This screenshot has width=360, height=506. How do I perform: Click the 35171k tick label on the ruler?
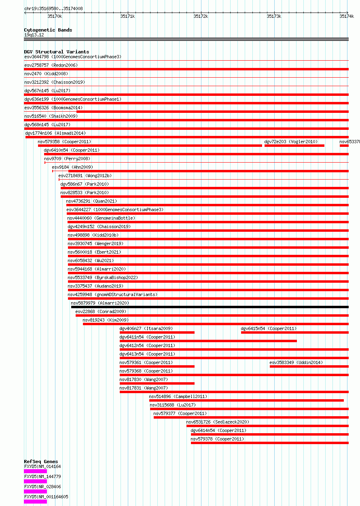pos(127,16)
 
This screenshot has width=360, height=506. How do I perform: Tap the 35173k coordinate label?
pos(274,16)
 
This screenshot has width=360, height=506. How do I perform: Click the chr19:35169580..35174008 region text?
pos(53,8)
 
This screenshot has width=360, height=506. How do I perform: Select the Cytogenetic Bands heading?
pos(48,30)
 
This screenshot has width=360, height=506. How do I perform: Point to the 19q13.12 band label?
pos(34,35)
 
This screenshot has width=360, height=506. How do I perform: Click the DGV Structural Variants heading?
pos(57,52)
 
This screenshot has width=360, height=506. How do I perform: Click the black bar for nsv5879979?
pos(210,307)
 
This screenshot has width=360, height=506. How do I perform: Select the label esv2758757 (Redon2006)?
pos(51,65)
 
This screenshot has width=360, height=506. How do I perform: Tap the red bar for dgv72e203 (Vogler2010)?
pos(294,146)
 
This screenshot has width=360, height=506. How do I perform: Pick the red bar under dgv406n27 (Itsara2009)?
pos(157,332)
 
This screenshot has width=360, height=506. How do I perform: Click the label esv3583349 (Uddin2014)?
pos(296,362)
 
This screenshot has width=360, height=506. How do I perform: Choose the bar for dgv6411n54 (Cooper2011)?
pos(208,341)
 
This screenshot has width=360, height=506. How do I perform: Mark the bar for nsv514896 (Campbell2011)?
pos(246,400)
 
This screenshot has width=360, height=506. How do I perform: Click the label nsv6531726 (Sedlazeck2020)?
pos(218,422)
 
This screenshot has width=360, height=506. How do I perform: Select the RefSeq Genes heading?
pos(41,462)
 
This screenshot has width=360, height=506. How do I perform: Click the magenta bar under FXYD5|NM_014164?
pos(36,471)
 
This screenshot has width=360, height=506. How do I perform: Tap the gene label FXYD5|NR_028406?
pos(43,487)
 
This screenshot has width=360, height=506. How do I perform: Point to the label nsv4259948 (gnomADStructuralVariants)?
pos(112,294)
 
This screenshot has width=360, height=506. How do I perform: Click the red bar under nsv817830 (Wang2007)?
pos(157,383)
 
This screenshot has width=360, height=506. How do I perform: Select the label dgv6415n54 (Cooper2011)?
pos(269,329)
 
